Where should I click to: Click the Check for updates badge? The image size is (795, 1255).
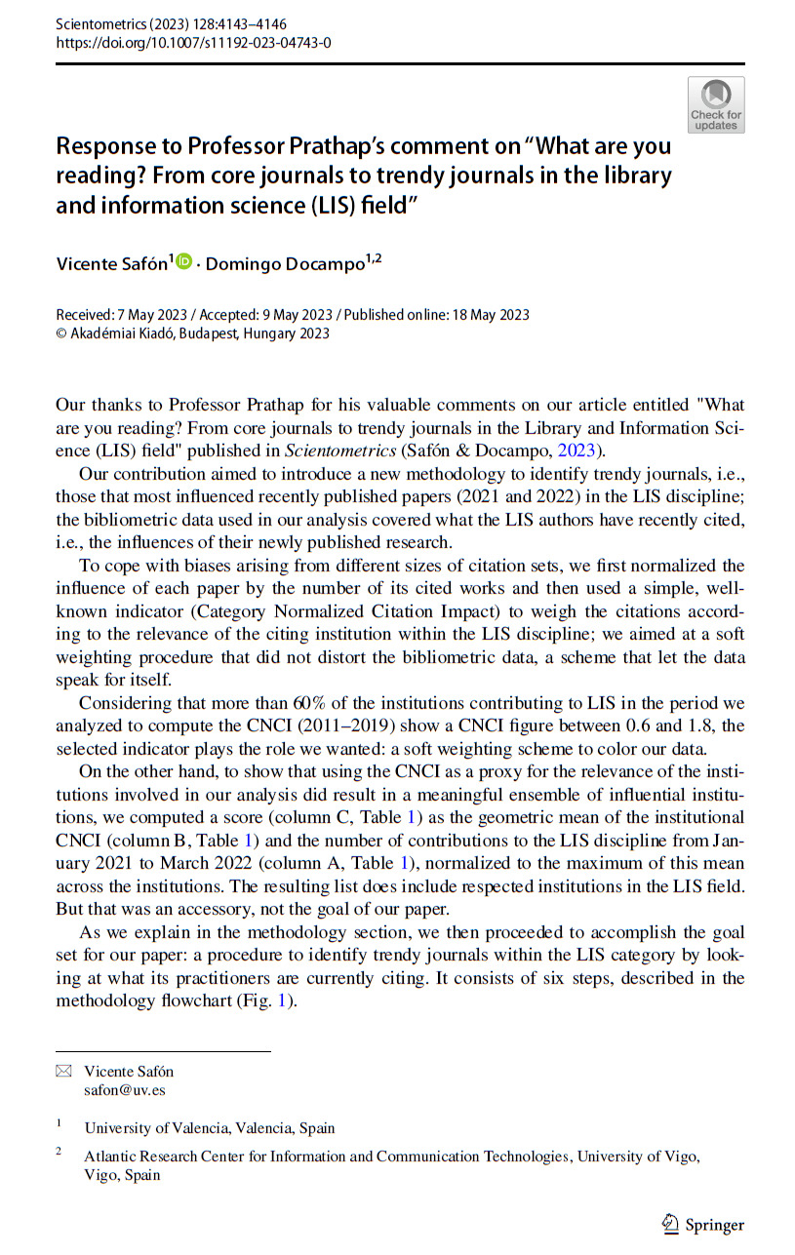coord(716,105)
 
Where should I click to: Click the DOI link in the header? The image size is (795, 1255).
coord(193,43)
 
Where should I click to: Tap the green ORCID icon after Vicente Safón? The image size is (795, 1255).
coord(184,262)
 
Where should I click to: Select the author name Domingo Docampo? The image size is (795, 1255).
coord(283,264)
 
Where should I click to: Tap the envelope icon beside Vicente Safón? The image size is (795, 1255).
coord(64,1071)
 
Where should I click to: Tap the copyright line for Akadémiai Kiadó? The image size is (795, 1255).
coord(193,333)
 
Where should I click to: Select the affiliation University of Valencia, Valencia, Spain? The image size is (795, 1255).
coord(210,1128)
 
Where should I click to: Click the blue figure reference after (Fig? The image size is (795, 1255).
coord(287,1000)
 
